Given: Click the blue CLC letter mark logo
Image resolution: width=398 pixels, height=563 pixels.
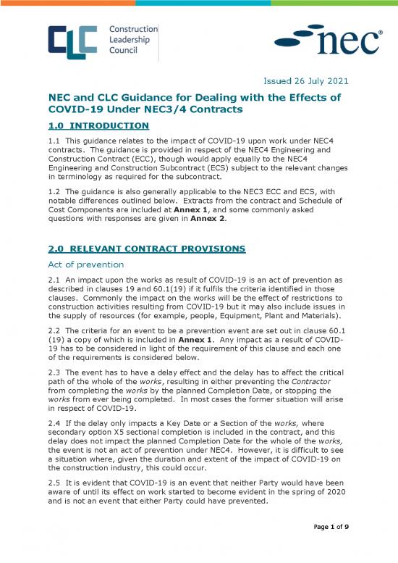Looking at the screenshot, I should pos(72,41).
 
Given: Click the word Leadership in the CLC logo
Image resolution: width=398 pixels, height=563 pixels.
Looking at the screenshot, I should pos(129,40).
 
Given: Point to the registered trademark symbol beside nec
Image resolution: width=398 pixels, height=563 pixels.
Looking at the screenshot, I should pos(381,33).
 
